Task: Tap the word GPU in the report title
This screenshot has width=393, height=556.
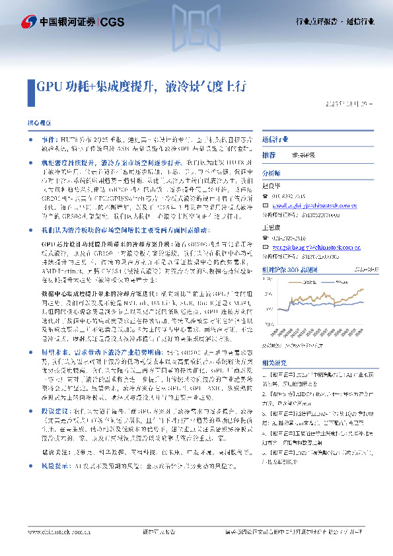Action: pyautogui.click(x=49, y=86)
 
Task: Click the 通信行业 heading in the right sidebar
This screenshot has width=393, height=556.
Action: pyautogui.click(x=275, y=140)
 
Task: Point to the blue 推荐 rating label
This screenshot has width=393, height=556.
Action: pyautogui.click(x=269, y=155)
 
